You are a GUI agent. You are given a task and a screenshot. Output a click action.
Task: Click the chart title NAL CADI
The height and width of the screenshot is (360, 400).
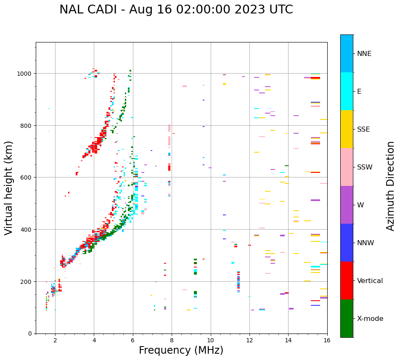[x=176, y=10]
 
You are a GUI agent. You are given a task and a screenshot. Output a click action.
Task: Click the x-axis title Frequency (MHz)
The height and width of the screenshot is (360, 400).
[x=181, y=350]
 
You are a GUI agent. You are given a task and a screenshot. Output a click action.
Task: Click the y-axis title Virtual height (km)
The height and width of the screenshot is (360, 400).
[x=9, y=188]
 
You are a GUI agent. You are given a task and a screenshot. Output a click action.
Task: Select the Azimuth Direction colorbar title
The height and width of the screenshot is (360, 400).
[x=391, y=186]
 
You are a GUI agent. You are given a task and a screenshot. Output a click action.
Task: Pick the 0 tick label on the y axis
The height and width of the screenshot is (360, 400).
[x=30, y=334]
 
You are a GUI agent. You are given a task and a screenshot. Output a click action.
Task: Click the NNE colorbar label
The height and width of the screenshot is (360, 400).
[x=364, y=53]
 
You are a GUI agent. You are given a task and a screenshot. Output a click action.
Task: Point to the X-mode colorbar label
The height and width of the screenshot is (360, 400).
[x=370, y=319]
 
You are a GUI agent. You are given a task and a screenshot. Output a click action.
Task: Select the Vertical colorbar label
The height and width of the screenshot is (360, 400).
[x=370, y=281]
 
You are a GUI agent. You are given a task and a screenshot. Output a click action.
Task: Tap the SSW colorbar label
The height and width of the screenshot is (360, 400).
[x=365, y=167]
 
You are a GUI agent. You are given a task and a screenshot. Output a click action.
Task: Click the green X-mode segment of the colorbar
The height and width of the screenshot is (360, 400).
[x=347, y=318]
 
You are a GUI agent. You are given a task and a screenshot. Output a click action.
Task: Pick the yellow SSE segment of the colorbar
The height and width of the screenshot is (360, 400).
[x=347, y=129]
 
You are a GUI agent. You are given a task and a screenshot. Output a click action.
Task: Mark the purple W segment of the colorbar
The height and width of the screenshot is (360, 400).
[x=347, y=205]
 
